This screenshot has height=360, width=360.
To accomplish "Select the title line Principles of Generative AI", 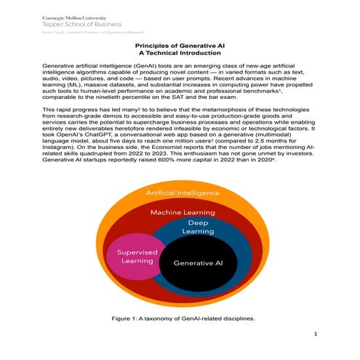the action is click(x=180, y=46).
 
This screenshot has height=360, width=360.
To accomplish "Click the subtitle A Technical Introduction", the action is click(x=180, y=53).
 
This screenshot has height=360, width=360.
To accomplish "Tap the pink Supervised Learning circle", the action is click(x=132, y=256).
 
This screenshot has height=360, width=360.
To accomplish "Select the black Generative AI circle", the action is click(x=196, y=263).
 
